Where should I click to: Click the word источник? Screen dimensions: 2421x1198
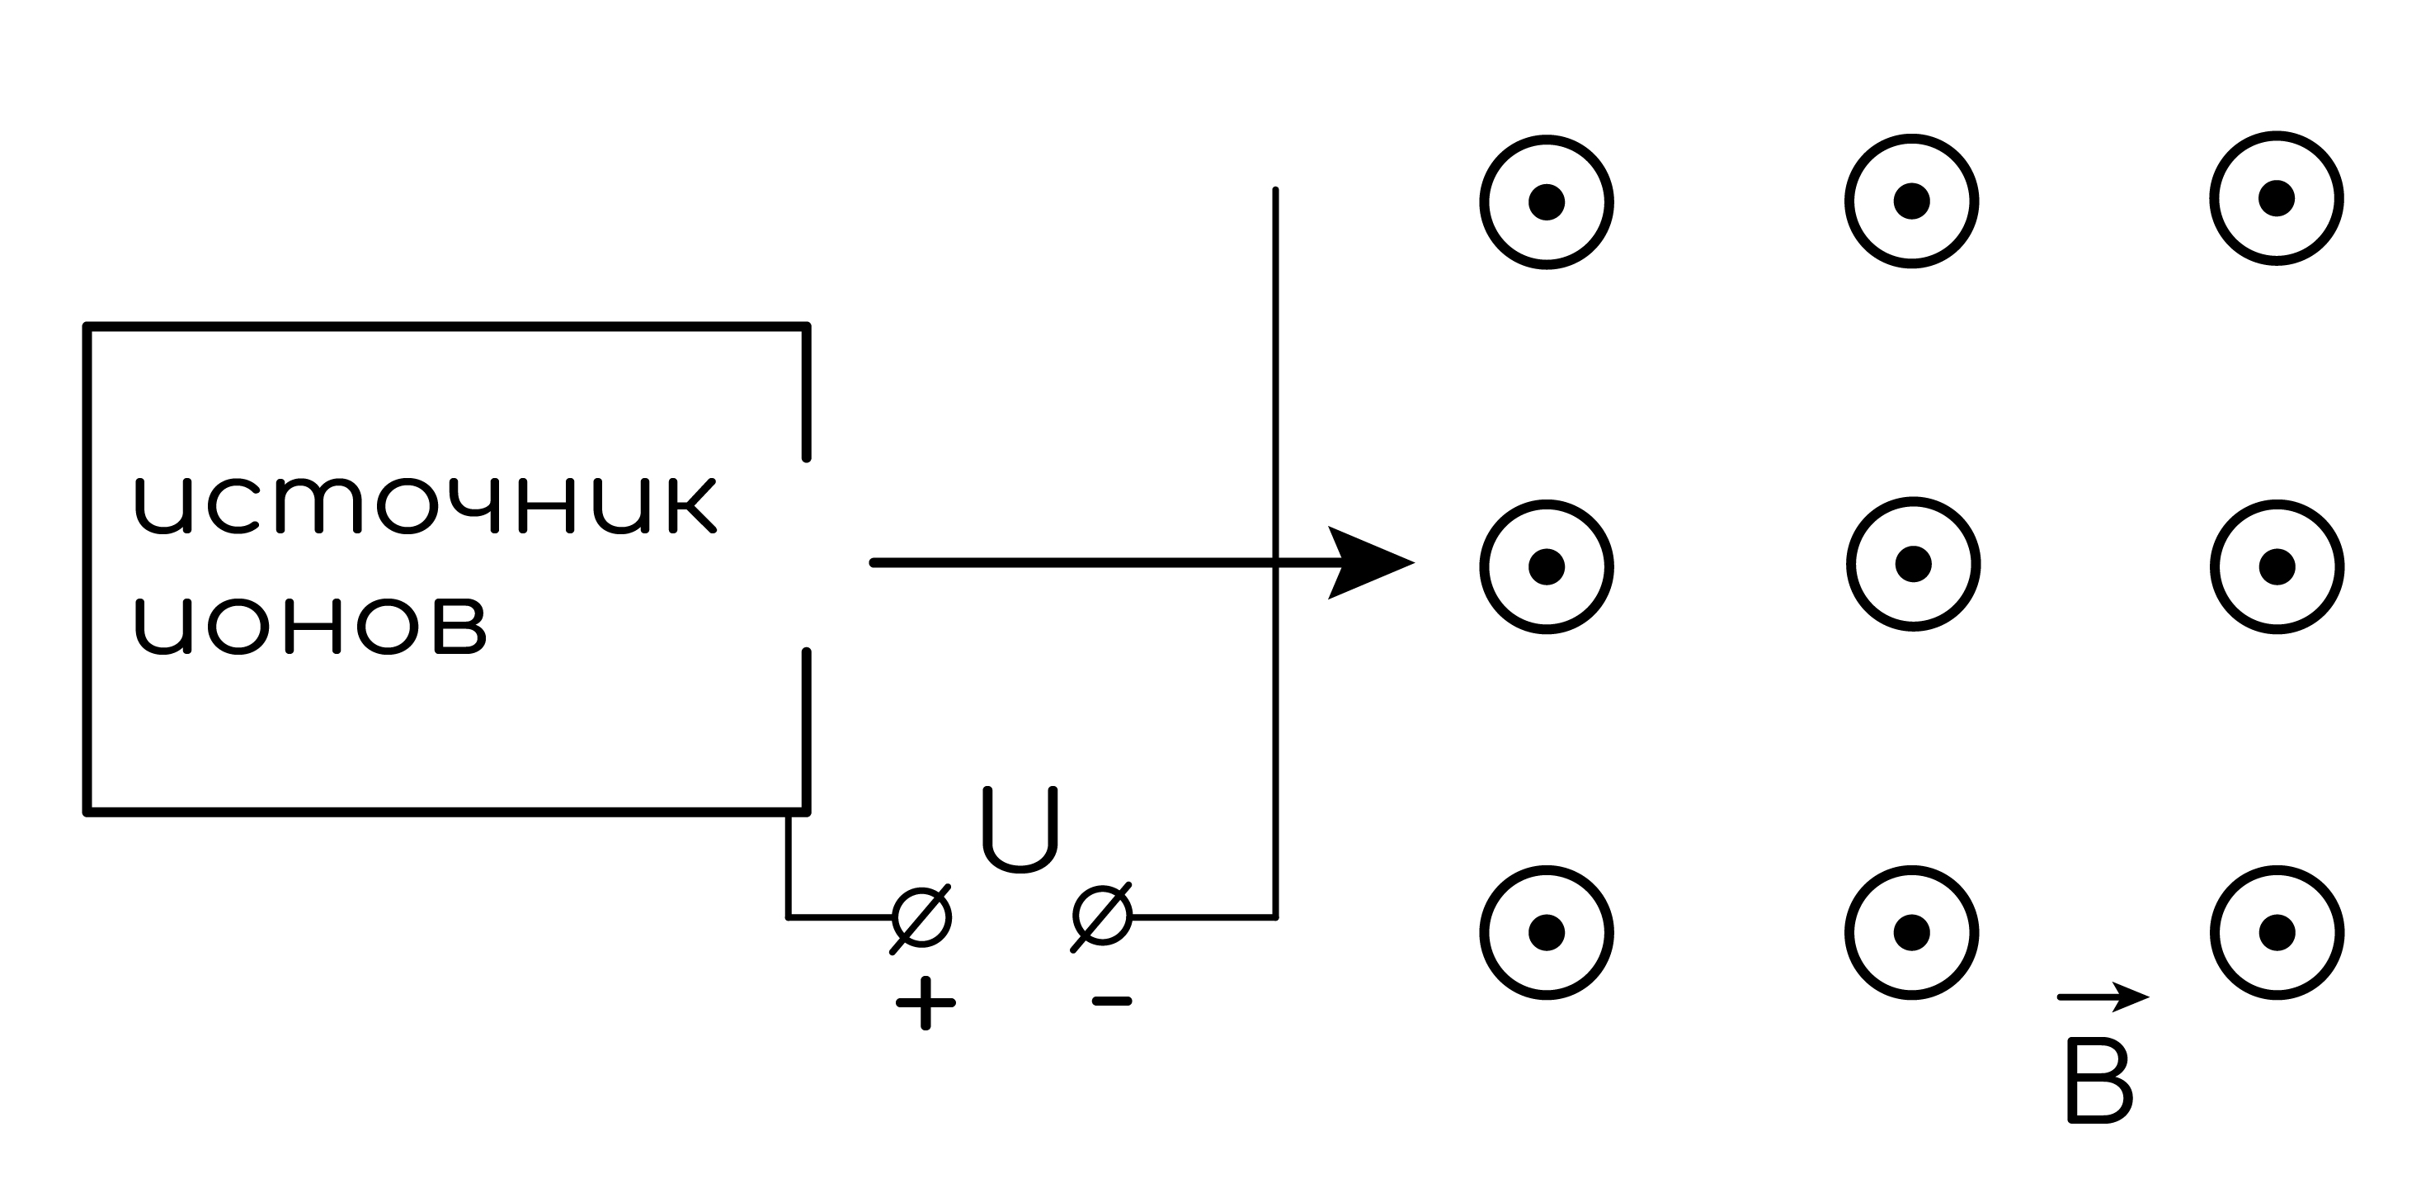pos(426,506)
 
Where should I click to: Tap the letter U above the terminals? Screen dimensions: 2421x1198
pos(1020,830)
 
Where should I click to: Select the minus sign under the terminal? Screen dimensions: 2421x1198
pos(1112,1001)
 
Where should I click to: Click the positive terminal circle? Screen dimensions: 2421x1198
pos(922,916)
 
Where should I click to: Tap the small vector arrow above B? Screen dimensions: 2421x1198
pos(2103,997)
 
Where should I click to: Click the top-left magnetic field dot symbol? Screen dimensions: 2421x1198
pos(1546,202)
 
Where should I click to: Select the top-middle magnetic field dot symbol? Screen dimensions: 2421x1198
pos(1911,201)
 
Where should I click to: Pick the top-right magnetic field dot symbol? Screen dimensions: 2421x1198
pos(2277,198)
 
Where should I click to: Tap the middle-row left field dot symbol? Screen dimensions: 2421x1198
pos(1546,567)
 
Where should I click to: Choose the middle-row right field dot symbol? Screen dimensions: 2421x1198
pos(2277,567)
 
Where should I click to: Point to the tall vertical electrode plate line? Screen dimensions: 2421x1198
pos(1275,553)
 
